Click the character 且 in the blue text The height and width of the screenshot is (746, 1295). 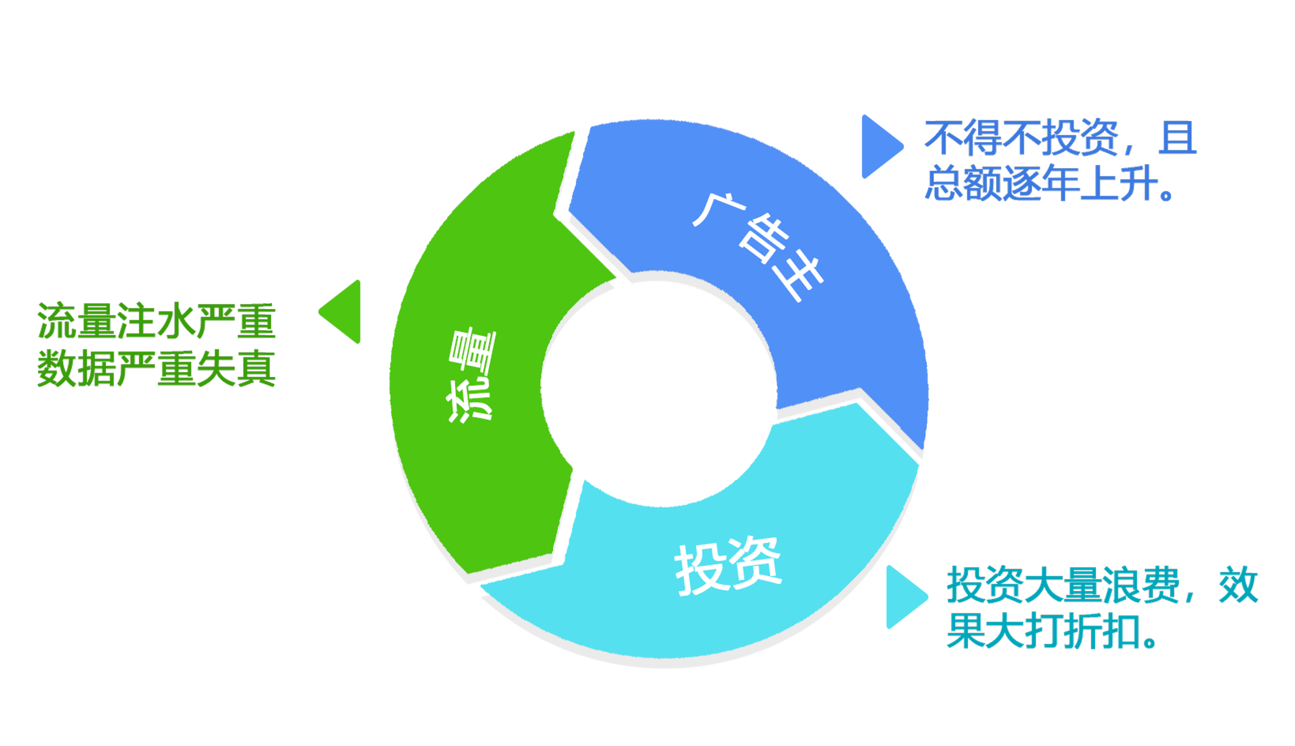click(1177, 138)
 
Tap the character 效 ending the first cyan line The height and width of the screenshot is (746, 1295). click(1238, 585)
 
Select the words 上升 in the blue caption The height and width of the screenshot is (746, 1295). click(1119, 183)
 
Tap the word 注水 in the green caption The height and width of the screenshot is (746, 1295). click(156, 321)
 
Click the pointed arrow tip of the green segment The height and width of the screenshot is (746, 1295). click(614, 279)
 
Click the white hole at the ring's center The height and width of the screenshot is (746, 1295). click(658, 389)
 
